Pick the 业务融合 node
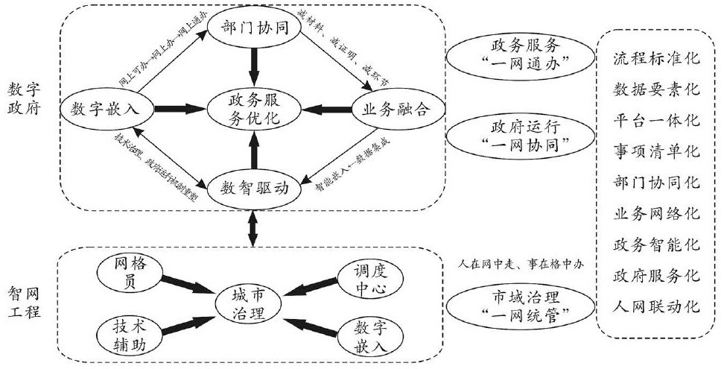tap(396, 109)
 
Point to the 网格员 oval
tap(124, 271)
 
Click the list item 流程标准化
tap(655, 57)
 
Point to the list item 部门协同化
tap(655, 182)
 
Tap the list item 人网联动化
tap(655, 306)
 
